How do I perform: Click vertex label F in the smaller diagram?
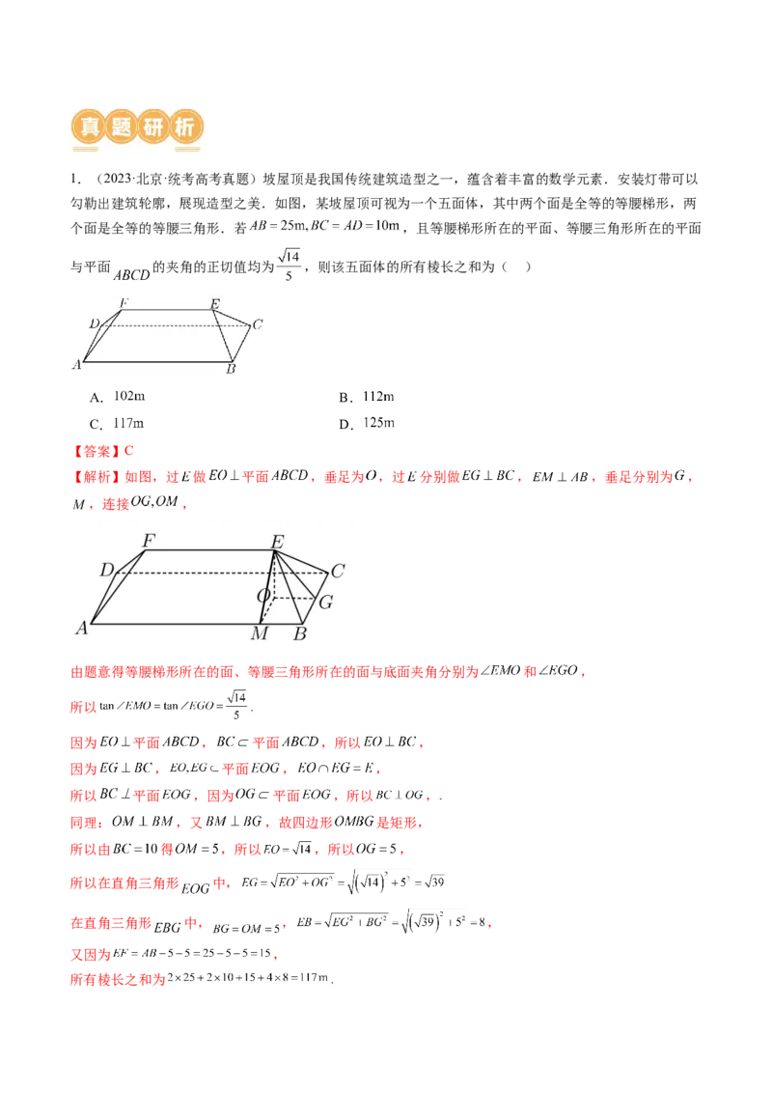(123, 304)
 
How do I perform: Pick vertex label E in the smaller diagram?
(214, 305)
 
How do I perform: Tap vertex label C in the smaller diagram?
(257, 324)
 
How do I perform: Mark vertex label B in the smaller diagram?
(231, 369)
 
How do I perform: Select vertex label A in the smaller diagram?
(76, 364)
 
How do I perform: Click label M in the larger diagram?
(259, 634)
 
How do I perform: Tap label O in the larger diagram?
(262, 597)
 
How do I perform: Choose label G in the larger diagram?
(326, 603)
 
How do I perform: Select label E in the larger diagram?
(276, 543)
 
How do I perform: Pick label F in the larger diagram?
(149, 542)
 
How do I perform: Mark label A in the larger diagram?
(82, 628)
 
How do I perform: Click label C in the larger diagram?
(337, 572)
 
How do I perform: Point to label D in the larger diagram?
(107, 571)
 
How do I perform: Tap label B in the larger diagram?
(299, 634)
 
